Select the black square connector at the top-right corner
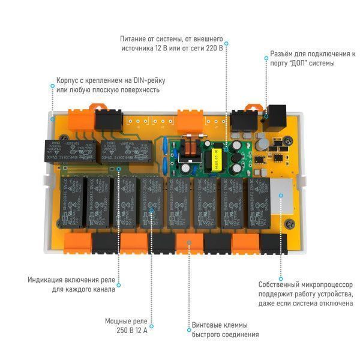278,113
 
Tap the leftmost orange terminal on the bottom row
77,241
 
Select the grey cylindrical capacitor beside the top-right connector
263,143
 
